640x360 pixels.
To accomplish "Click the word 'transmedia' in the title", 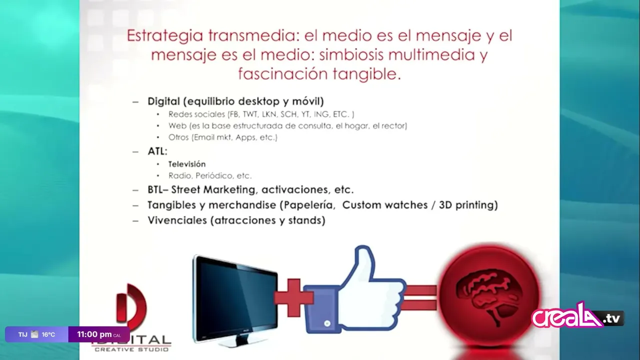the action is [x=252, y=35].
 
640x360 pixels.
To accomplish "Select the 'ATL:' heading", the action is [x=157, y=151].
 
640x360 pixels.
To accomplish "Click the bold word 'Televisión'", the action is [x=187, y=164].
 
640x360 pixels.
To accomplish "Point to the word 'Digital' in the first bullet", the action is [x=163, y=101].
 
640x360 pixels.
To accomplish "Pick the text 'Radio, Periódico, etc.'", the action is [x=210, y=175].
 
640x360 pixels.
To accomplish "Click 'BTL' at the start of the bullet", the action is [x=155, y=189].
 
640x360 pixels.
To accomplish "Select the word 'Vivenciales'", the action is [x=177, y=220].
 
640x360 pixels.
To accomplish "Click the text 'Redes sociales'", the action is [x=197, y=114].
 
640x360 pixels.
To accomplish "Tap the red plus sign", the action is [x=293, y=297].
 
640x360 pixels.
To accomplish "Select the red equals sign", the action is [x=420, y=297].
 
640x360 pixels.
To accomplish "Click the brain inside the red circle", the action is [x=489, y=295].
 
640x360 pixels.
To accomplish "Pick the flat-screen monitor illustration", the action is [x=235, y=300].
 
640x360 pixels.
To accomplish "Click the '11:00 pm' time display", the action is [x=94, y=334].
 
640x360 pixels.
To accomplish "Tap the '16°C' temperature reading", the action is [x=48, y=334].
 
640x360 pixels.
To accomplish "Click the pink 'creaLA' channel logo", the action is [x=577, y=317].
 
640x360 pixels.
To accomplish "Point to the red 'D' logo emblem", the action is [x=132, y=305].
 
